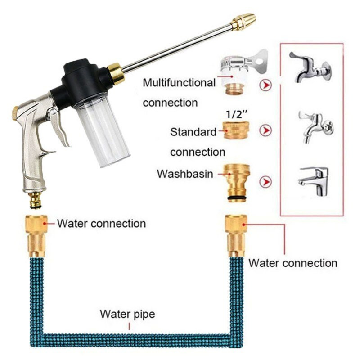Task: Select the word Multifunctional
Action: coord(179,83)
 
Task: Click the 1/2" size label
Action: coord(236,112)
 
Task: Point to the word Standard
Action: coord(193,132)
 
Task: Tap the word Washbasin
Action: coord(184,174)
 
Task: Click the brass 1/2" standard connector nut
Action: coord(236,131)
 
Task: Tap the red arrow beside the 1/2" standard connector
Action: coord(267,131)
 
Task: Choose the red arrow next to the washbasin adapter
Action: coord(267,182)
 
